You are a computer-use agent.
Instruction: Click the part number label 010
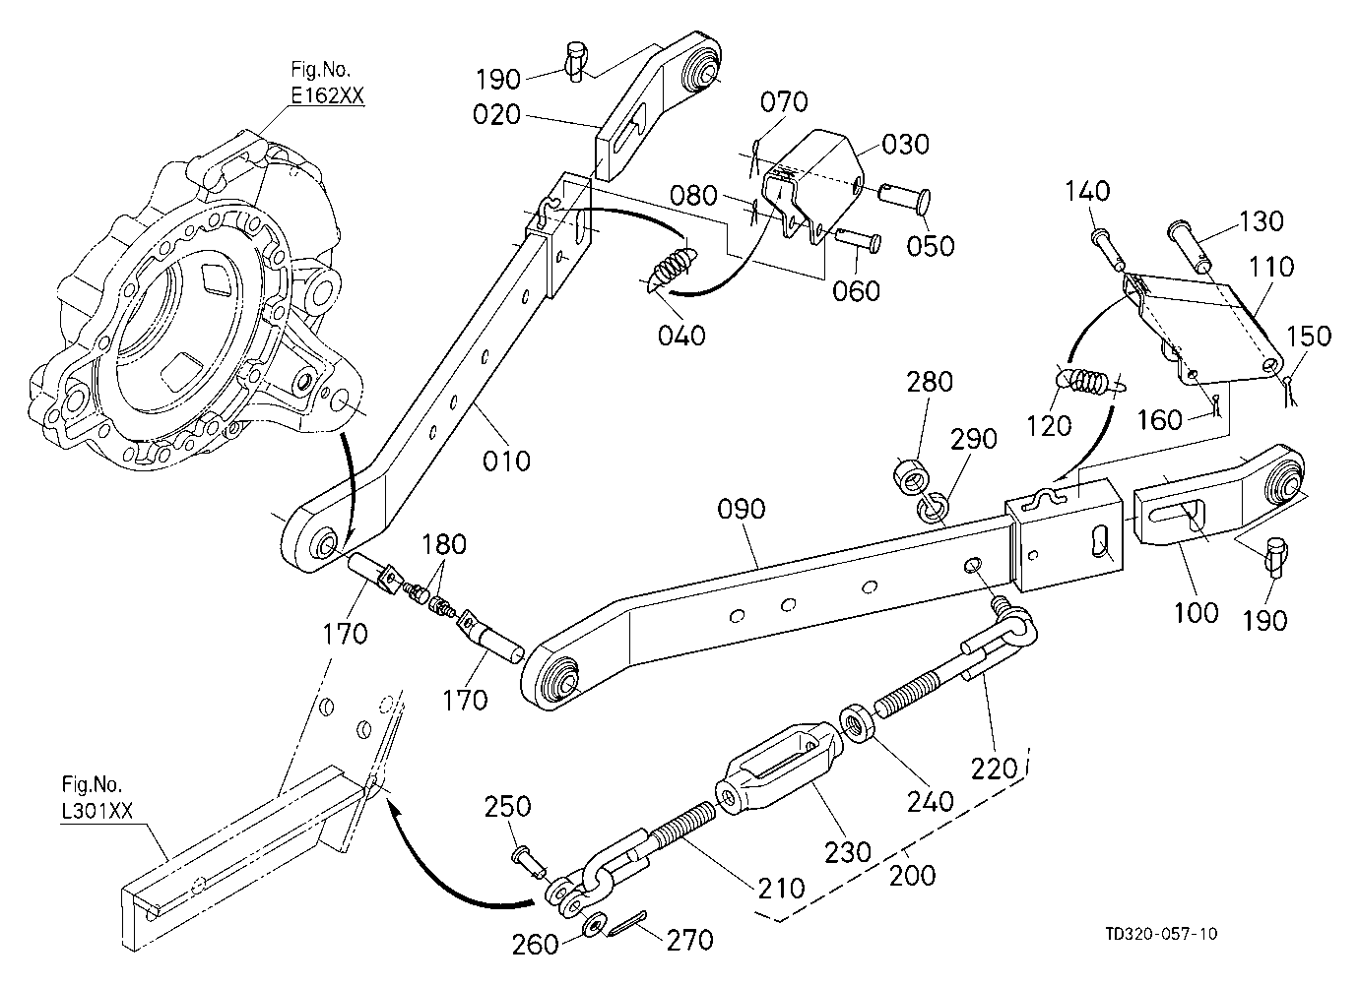[x=506, y=462]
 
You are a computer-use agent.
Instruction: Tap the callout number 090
[x=742, y=510]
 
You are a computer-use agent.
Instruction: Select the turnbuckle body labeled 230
[x=777, y=768]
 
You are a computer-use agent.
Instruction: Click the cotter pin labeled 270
[x=626, y=925]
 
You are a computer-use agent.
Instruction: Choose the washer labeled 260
[x=593, y=925]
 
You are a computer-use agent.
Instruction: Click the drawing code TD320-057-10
[x=1161, y=934]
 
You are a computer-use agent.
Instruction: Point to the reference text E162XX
[x=328, y=95]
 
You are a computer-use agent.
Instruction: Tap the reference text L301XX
[x=97, y=812]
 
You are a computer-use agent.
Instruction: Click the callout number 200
[x=913, y=876]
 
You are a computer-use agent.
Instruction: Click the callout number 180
[x=444, y=544]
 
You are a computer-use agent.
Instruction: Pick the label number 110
[x=1271, y=267]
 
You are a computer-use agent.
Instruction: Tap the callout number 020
[x=496, y=114]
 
